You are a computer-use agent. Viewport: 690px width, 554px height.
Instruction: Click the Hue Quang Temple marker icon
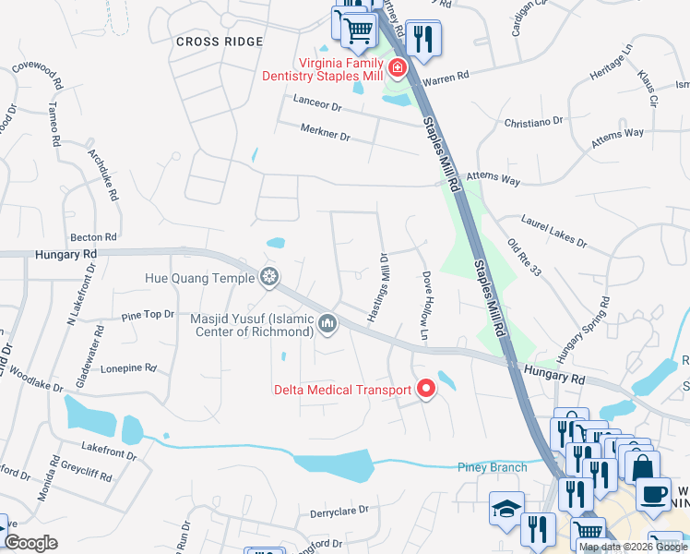tap(269, 276)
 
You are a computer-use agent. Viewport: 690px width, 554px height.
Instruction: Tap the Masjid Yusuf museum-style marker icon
tap(327, 324)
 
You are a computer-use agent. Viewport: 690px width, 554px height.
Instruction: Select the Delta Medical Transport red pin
tap(425, 390)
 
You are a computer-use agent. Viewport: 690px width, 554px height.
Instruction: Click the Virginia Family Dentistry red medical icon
tap(398, 67)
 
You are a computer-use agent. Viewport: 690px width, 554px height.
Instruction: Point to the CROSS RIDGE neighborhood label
tap(220, 42)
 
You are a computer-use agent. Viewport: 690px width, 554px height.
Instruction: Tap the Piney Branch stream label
tap(493, 467)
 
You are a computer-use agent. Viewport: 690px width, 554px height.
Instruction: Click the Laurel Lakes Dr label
tap(553, 232)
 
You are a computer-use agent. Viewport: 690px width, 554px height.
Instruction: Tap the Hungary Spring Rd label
tap(583, 330)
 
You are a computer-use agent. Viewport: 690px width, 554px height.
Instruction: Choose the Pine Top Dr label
tap(148, 315)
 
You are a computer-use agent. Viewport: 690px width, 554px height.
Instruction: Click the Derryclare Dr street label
tap(339, 510)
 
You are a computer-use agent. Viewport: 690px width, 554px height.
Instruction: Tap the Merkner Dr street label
tap(326, 137)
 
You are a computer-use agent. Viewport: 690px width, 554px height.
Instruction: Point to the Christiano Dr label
tap(533, 121)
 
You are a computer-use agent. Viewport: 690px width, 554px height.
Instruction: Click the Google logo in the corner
tap(31, 543)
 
